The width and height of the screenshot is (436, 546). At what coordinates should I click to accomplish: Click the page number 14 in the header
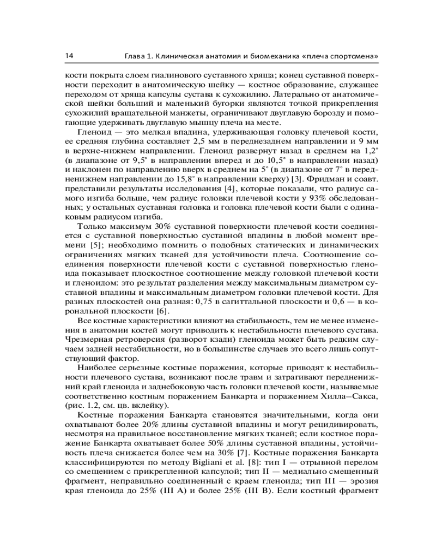[69, 56]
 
